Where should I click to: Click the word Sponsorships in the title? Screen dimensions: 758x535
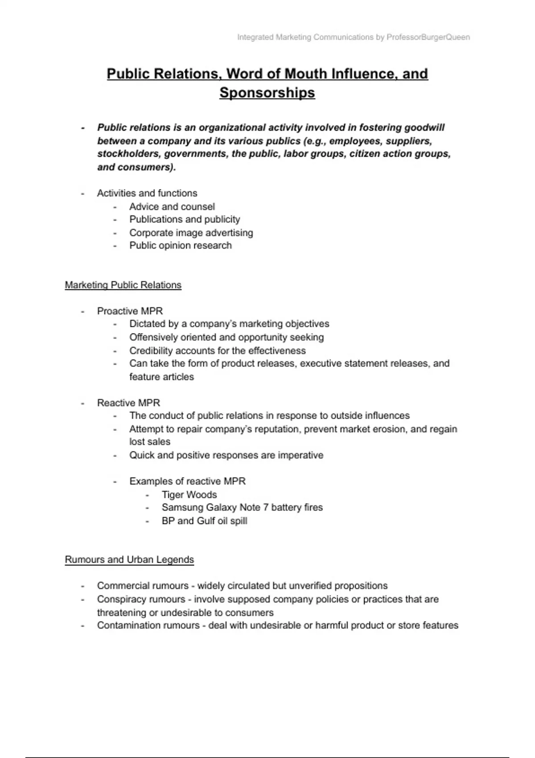tap(267, 93)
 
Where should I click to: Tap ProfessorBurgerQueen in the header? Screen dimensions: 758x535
tap(428, 37)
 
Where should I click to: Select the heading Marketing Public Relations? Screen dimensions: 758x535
tap(123, 285)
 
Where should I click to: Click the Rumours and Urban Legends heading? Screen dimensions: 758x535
tap(129, 560)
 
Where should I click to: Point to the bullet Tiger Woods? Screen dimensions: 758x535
tap(189, 494)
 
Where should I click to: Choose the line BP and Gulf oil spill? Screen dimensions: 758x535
tap(204, 521)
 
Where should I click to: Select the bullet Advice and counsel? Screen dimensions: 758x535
tap(172, 206)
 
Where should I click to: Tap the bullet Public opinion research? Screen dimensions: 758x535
tap(180, 245)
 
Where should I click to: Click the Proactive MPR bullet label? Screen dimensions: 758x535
tap(130, 311)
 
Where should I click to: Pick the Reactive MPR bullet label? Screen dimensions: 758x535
tap(128, 403)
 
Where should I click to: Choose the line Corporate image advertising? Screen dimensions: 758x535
tap(191, 233)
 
